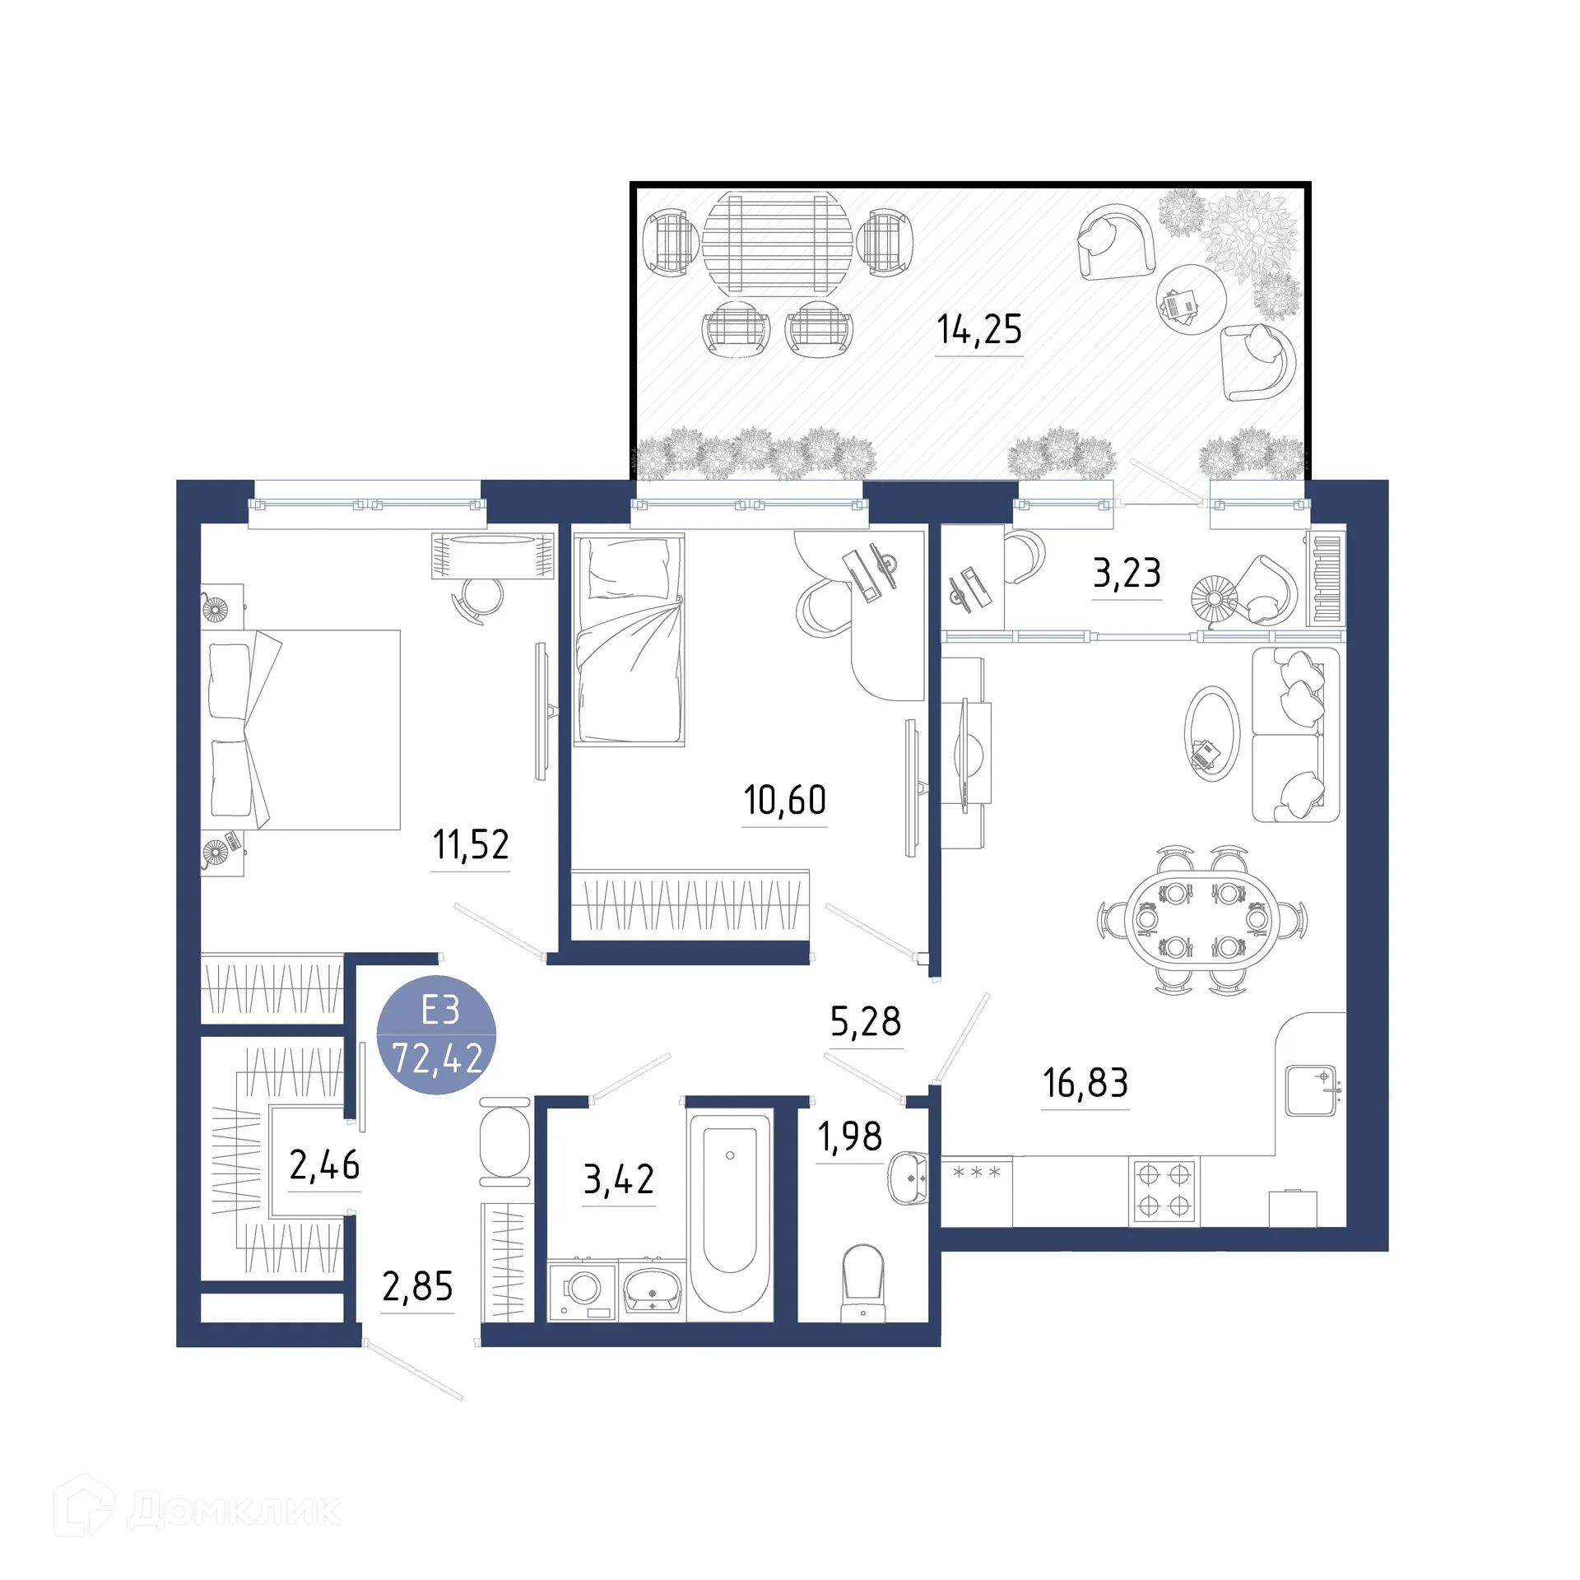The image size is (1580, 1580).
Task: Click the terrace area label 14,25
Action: pos(978,329)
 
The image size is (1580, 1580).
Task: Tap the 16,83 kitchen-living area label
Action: pos(1085,1083)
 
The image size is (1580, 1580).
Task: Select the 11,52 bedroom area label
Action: pos(471,844)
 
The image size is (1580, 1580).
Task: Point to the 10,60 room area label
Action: pos(784,800)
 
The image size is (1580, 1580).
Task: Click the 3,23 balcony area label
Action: pos(1126,573)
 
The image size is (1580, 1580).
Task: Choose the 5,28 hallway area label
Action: pos(865,1021)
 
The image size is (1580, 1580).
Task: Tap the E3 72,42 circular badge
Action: pos(437,1035)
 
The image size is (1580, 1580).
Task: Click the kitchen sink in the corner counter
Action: pos(1310,1090)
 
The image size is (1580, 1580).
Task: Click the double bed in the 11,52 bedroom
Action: pos(302,729)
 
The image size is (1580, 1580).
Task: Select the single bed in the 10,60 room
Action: pos(630,639)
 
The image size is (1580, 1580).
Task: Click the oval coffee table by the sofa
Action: pos(1211,733)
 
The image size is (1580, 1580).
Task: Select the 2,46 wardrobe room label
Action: pos(324,1165)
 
